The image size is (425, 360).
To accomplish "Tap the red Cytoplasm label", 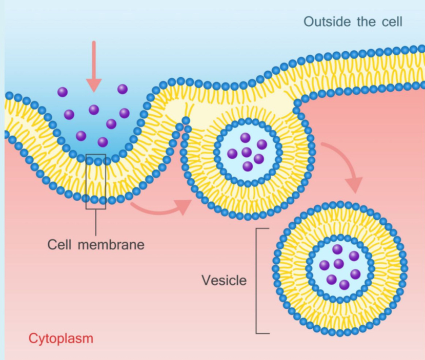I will tap(61, 338).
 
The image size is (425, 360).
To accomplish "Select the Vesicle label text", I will tap(224, 280).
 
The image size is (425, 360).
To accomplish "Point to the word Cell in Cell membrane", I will tap(60, 244).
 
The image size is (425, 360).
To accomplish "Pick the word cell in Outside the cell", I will tap(390, 22).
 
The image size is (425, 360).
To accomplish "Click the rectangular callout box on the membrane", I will tap(96, 181).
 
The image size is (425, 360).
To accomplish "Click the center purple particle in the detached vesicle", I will tap(338, 264).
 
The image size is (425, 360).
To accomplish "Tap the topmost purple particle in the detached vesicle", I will tap(337, 249).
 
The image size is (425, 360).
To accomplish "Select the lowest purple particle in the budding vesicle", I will tap(248, 166).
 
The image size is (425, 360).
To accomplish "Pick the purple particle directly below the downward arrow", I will tap(94, 110).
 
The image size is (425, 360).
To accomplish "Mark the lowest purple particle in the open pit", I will tap(103, 142).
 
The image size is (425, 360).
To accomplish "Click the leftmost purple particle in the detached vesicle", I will tap(324, 265).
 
